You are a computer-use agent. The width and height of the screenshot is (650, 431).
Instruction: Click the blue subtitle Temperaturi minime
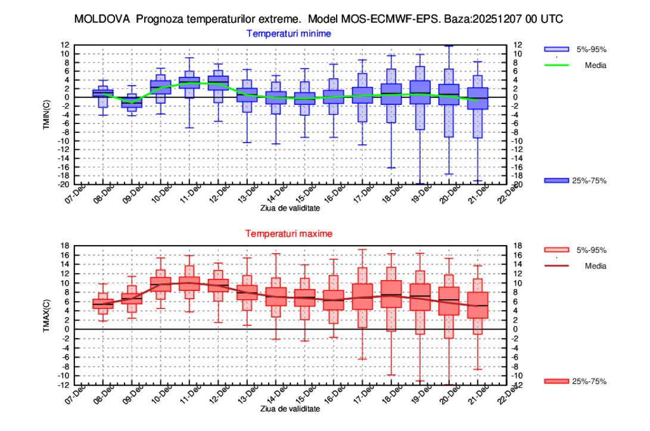(289, 33)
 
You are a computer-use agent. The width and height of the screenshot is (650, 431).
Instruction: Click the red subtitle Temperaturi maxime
(289, 234)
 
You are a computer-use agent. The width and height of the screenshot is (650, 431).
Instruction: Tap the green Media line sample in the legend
(556, 66)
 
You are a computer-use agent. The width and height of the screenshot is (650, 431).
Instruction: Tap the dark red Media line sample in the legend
(556, 266)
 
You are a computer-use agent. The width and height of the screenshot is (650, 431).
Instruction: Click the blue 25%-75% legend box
(556, 181)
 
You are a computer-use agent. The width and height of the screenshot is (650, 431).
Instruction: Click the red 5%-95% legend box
(556, 250)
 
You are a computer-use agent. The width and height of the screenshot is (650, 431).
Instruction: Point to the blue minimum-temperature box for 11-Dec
(189, 83)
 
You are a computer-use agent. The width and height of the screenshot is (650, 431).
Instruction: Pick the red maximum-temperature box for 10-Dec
(160, 284)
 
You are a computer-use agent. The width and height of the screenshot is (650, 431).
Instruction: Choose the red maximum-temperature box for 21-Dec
(478, 305)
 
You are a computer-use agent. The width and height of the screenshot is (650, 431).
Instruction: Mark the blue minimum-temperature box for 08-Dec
(102, 92)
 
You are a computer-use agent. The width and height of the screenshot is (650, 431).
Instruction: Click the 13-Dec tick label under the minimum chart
(249, 194)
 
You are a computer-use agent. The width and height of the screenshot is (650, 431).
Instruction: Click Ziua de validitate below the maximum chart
(290, 409)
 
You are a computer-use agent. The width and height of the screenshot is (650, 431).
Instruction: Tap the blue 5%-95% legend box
(556, 49)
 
